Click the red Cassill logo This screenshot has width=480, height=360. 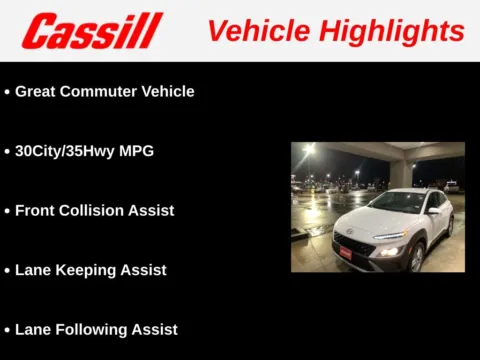[x=92, y=31]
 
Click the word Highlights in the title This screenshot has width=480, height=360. [x=385, y=31]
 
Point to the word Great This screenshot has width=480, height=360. [x=35, y=91]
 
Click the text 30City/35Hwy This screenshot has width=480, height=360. [x=64, y=151]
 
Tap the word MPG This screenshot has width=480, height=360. [x=135, y=151]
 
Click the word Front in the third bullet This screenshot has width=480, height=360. [x=35, y=211]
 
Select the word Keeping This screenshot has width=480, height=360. [x=85, y=270]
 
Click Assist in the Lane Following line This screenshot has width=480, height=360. [x=154, y=329]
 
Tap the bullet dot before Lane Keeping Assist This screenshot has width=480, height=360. [x=7, y=271]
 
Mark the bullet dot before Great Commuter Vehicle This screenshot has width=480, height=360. [x=7, y=92]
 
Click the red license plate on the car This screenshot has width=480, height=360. [x=345, y=254]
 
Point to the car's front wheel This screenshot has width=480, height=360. [x=417, y=259]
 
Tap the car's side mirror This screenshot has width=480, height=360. [x=433, y=210]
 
